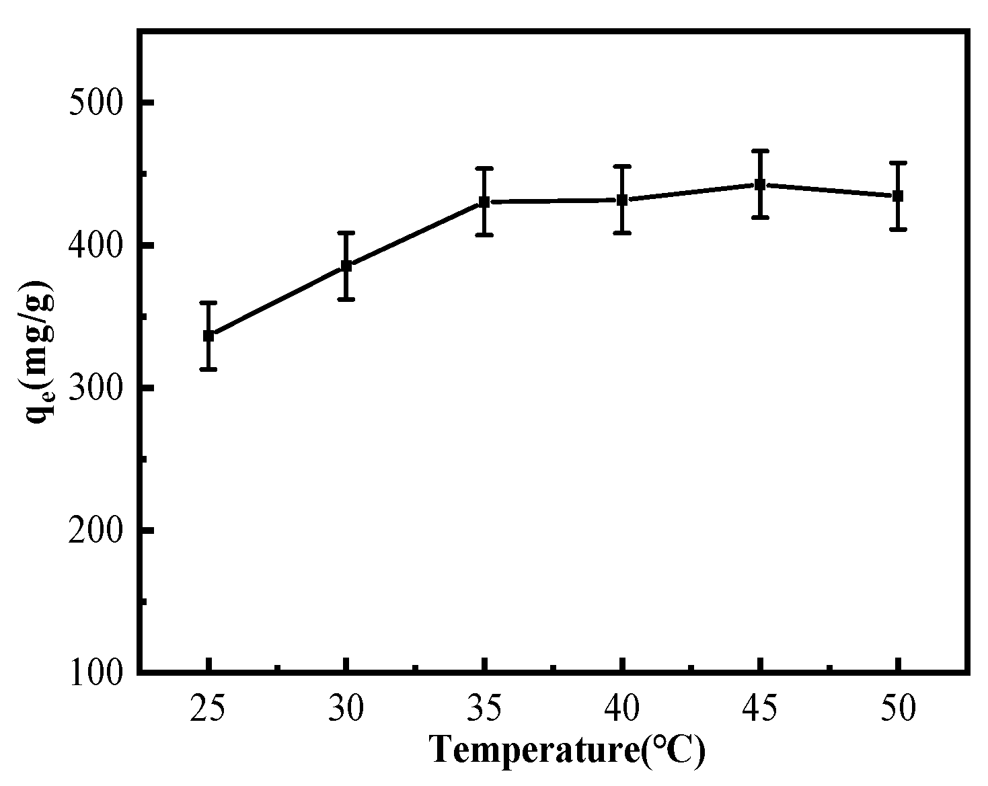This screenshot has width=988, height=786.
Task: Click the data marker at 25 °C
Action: click(x=208, y=336)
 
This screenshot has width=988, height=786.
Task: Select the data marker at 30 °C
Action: click(x=346, y=266)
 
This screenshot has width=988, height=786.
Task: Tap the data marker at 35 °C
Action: click(x=484, y=202)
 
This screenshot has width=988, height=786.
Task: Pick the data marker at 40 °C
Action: click(x=622, y=200)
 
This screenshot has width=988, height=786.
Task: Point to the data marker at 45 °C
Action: click(x=760, y=184)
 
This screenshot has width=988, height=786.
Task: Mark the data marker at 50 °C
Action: click(x=898, y=196)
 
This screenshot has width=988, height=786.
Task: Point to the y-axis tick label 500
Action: click(x=97, y=103)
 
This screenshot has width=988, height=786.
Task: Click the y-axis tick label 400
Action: click(x=97, y=245)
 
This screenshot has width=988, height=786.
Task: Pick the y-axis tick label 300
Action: click(x=97, y=388)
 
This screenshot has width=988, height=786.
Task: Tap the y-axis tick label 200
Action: click(x=97, y=530)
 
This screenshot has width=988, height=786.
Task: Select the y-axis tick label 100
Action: click(x=97, y=672)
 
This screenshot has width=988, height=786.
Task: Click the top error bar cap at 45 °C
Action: click(x=760, y=151)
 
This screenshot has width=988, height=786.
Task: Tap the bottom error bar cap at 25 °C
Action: click(x=208, y=369)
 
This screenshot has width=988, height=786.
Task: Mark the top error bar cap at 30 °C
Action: click(x=346, y=233)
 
